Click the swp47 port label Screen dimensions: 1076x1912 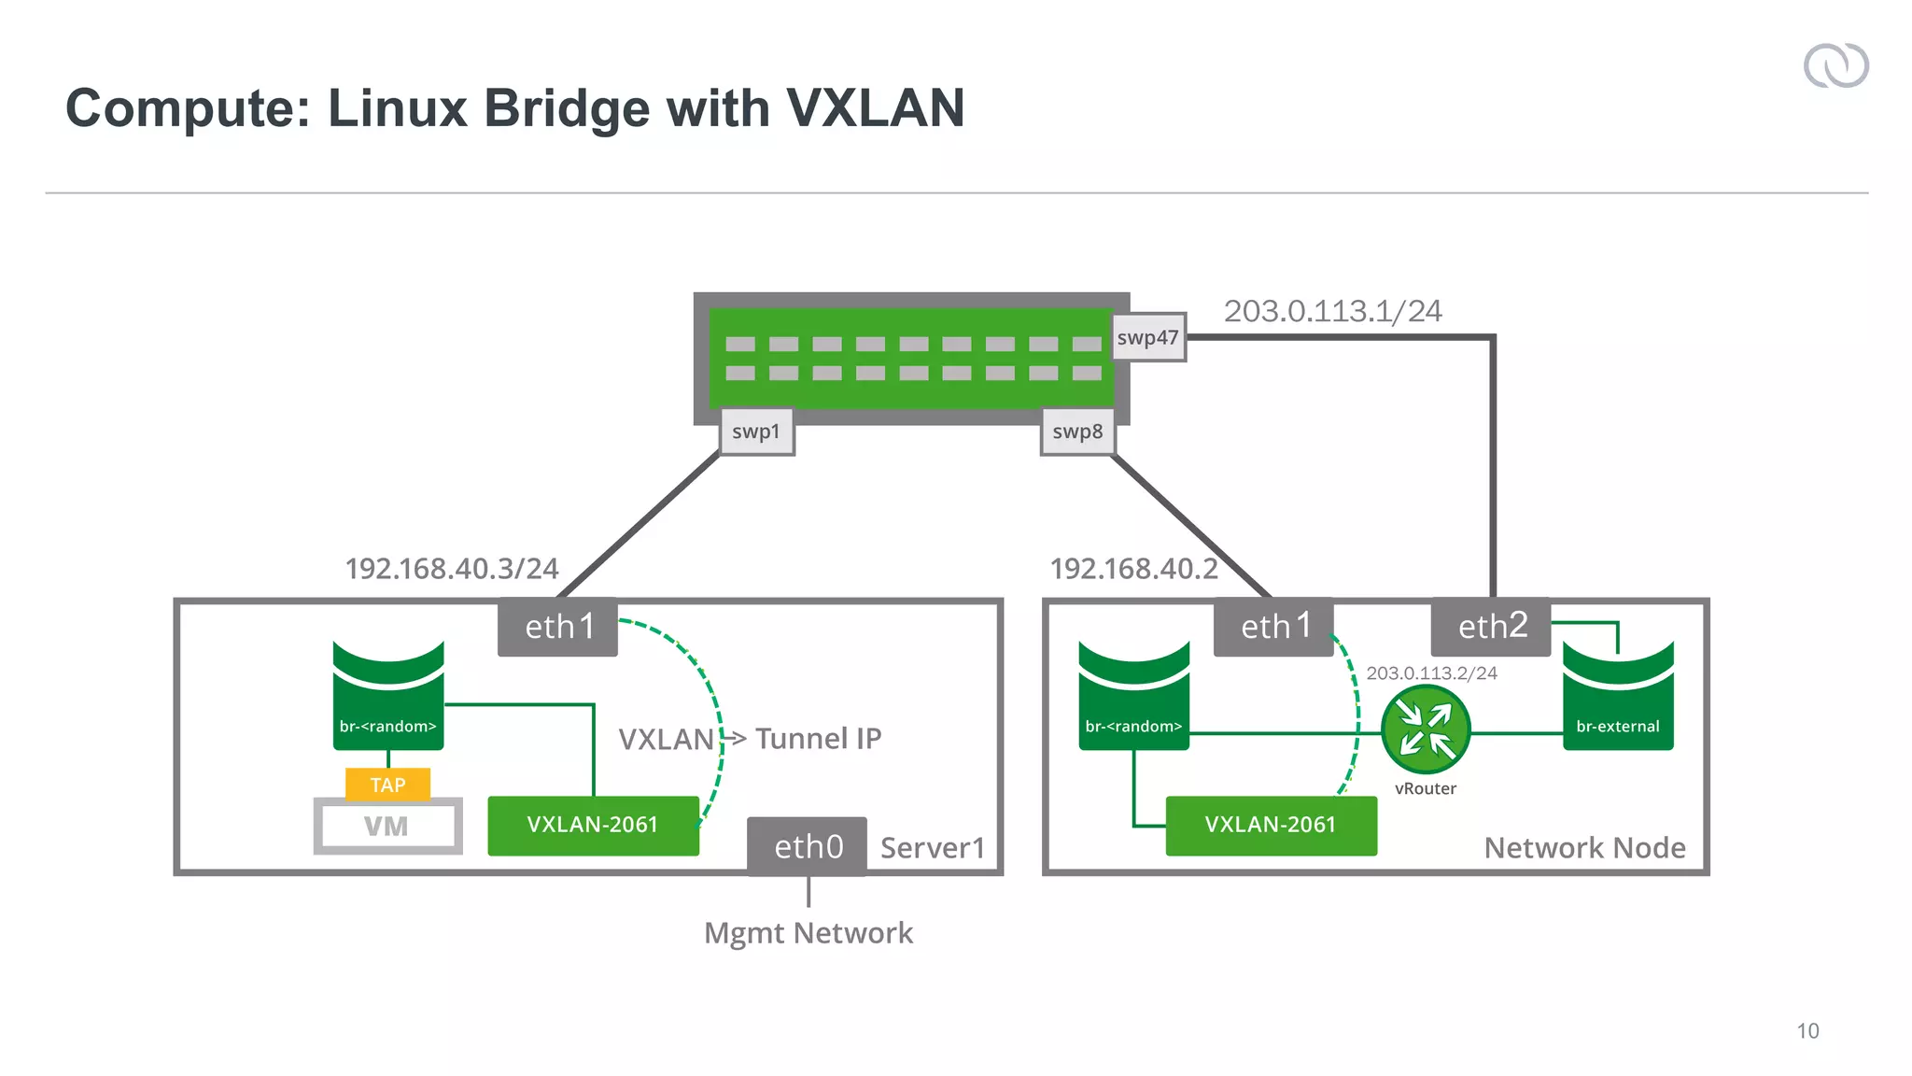(x=1147, y=337)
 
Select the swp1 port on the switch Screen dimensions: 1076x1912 (x=756, y=432)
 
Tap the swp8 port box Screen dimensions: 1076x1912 (x=1077, y=432)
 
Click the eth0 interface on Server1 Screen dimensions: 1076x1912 (x=808, y=846)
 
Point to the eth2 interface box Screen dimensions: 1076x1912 (x=1491, y=627)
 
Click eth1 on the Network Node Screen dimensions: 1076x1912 (x=1273, y=627)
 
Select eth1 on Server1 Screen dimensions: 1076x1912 (x=558, y=627)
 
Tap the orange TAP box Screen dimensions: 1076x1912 (x=387, y=785)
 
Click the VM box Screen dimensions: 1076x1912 (x=387, y=827)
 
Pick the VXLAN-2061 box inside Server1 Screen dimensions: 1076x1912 (x=593, y=825)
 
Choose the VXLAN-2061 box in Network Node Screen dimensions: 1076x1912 (x=1271, y=825)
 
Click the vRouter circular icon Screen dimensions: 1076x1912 (x=1426, y=729)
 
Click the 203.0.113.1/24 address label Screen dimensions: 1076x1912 (x=1332, y=311)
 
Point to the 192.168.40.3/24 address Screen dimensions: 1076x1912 (x=452, y=568)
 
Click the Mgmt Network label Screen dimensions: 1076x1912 (x=808, y=933)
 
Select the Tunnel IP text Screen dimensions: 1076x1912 (x=818, y=739)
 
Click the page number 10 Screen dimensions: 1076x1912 (x=1807, y=1031)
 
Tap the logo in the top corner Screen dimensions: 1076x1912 (x=1835, y=66)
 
